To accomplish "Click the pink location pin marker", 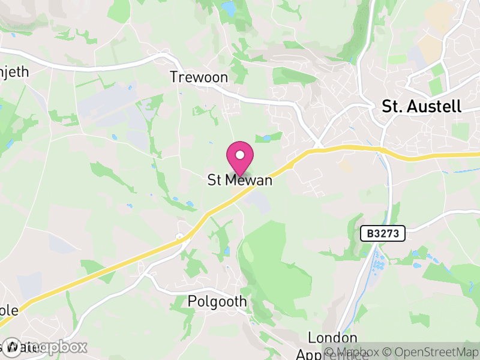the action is tap(240, 158).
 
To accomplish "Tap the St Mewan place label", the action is tap(240, 180).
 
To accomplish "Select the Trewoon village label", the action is tap(199, 77).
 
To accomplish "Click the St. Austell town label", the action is tap(422, 107).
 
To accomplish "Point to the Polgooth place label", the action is tap(217, 301).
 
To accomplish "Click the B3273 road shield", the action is tap(383, 233).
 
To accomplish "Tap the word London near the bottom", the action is tap(332, 338).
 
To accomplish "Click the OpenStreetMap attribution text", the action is tap(431, 352).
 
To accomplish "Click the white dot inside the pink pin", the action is tap(240, 154).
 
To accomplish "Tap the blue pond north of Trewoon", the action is tap(229, 8).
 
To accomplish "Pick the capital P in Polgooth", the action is tap(192, 301).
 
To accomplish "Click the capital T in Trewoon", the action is tap(174, 77).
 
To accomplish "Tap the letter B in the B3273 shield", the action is tap(369, 233).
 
